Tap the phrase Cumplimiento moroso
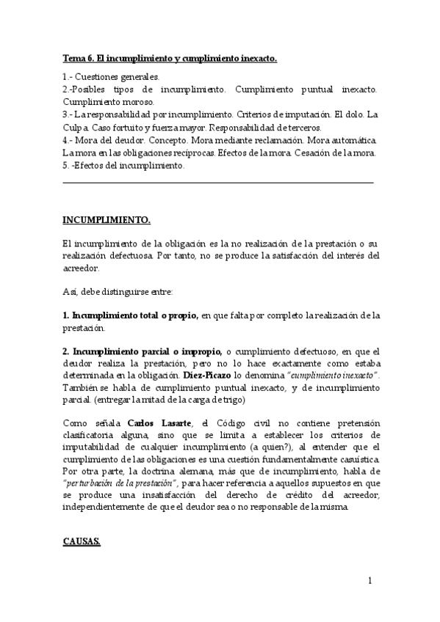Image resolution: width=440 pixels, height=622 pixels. coord(108,101)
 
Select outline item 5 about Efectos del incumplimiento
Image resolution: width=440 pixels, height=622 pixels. coord(123,165)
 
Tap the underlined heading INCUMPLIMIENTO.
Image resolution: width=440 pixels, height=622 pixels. coord(107,219)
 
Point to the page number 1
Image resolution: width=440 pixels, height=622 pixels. coord(370,581)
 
